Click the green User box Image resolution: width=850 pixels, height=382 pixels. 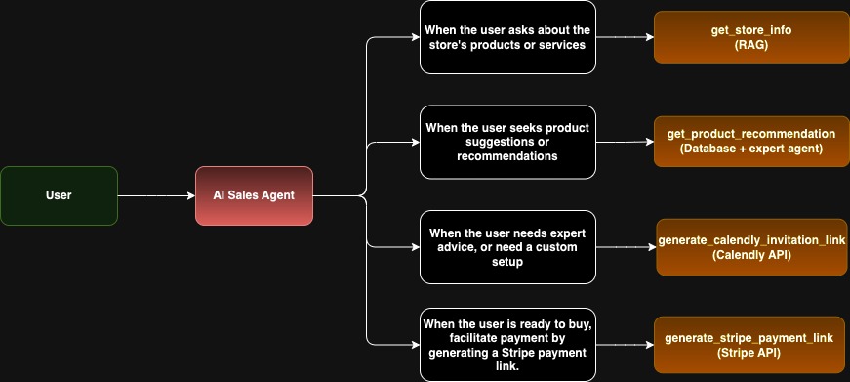(59, 195)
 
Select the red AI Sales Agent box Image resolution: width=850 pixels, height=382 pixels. (254, 195)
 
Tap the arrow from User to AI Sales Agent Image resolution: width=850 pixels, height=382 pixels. (156, 195)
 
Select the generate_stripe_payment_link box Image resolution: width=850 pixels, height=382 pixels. (749, 345)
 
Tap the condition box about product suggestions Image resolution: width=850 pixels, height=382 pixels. (506, 142)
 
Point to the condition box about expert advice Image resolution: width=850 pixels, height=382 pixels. (506, 247)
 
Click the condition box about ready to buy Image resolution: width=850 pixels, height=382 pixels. (506, 345)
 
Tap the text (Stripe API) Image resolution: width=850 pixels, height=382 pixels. (749, 353)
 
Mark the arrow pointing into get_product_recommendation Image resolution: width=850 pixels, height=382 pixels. (625, 142)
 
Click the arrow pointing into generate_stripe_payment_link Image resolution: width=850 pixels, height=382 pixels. (625, 345)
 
